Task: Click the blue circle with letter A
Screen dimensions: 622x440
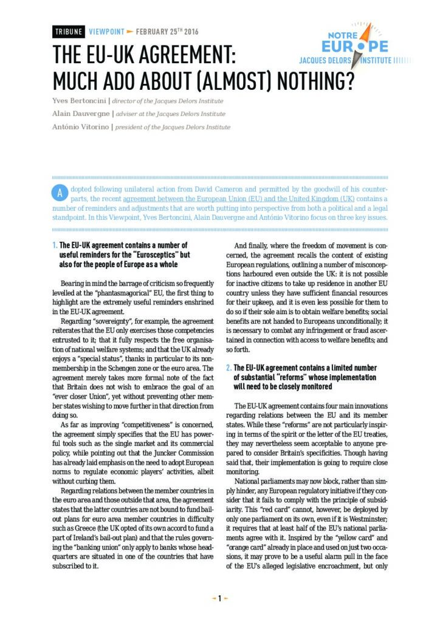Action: pos(60,193)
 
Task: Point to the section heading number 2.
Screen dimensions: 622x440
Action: pos(229,368)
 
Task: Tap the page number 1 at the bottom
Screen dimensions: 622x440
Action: pos(220,598)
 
